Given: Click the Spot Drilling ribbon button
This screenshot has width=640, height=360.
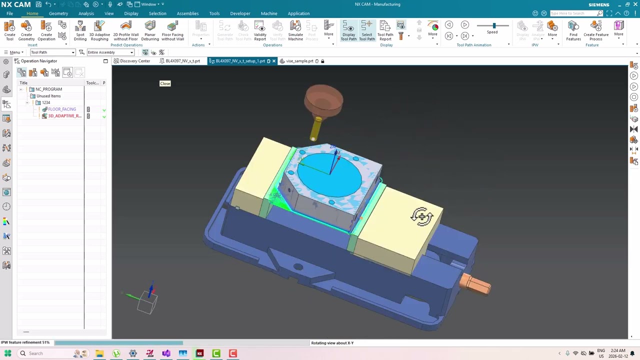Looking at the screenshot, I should click(x=80, y=31).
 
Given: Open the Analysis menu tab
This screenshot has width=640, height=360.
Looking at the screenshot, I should click(x=86, y=13).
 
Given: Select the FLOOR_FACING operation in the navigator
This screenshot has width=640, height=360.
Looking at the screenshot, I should click(x=62, y=109).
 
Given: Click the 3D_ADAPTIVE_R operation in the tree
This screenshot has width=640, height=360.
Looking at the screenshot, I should click(x=64, y=116).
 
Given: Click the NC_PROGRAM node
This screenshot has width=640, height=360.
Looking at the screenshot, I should click(x=48, y=89).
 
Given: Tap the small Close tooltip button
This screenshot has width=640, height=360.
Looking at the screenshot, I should click(x=165, y=83).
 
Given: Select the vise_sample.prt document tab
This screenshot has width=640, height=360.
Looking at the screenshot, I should click(x=299, y=61).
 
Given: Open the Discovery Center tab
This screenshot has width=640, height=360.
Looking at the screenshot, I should click(x=134, y=61).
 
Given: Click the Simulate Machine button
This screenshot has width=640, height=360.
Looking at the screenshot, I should click(x=295, y=31).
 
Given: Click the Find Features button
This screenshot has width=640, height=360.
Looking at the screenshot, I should click(x=573, y=31).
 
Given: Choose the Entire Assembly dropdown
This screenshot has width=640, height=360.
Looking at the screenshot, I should click(x=110, y=52).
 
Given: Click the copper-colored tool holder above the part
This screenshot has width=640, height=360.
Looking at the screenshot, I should click(x=323, y=100).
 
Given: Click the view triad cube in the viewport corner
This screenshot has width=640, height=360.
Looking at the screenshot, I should click(x=147, y=301).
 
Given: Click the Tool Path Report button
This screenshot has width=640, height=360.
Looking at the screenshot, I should click(x=385, y=31).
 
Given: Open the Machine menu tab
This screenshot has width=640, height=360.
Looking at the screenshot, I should click(x=269, y=13).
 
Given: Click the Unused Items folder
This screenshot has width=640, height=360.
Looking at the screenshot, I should click(x=48, y=96).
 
